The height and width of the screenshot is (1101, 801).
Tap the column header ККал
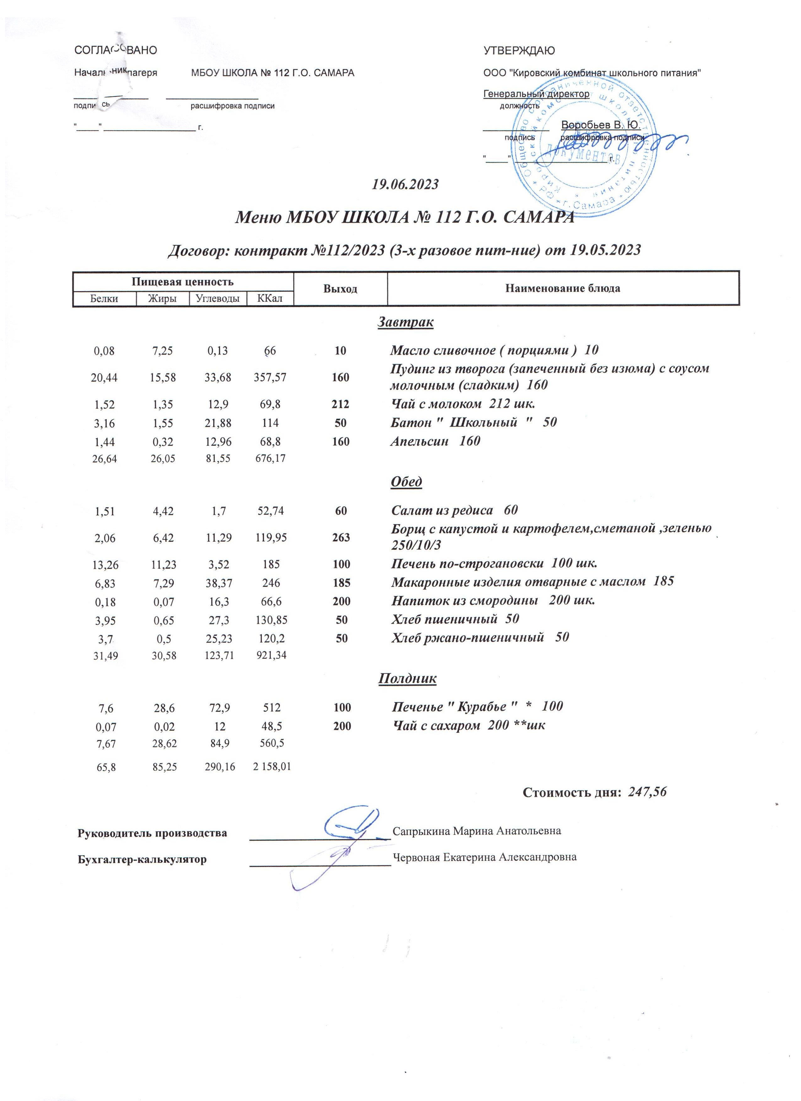(x=270, y=298)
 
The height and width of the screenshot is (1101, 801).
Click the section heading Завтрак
(x=406, y=322)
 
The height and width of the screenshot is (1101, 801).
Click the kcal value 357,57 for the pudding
(x=270, y=377)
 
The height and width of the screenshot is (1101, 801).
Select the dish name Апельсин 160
(x=435, y=441)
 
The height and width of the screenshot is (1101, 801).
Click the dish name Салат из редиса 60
(x=454, y=510)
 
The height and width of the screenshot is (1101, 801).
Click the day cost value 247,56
(x=648, y=793)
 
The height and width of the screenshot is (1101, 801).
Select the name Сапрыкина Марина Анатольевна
(x=476, y=831)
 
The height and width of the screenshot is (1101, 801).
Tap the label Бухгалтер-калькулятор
(x=142, y=859)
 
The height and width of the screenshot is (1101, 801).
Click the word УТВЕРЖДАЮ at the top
(x=519, y=51)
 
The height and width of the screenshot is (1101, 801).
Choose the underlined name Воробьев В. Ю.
(x=600, y=125)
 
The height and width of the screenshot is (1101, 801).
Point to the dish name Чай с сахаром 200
(x=468, y=726)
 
